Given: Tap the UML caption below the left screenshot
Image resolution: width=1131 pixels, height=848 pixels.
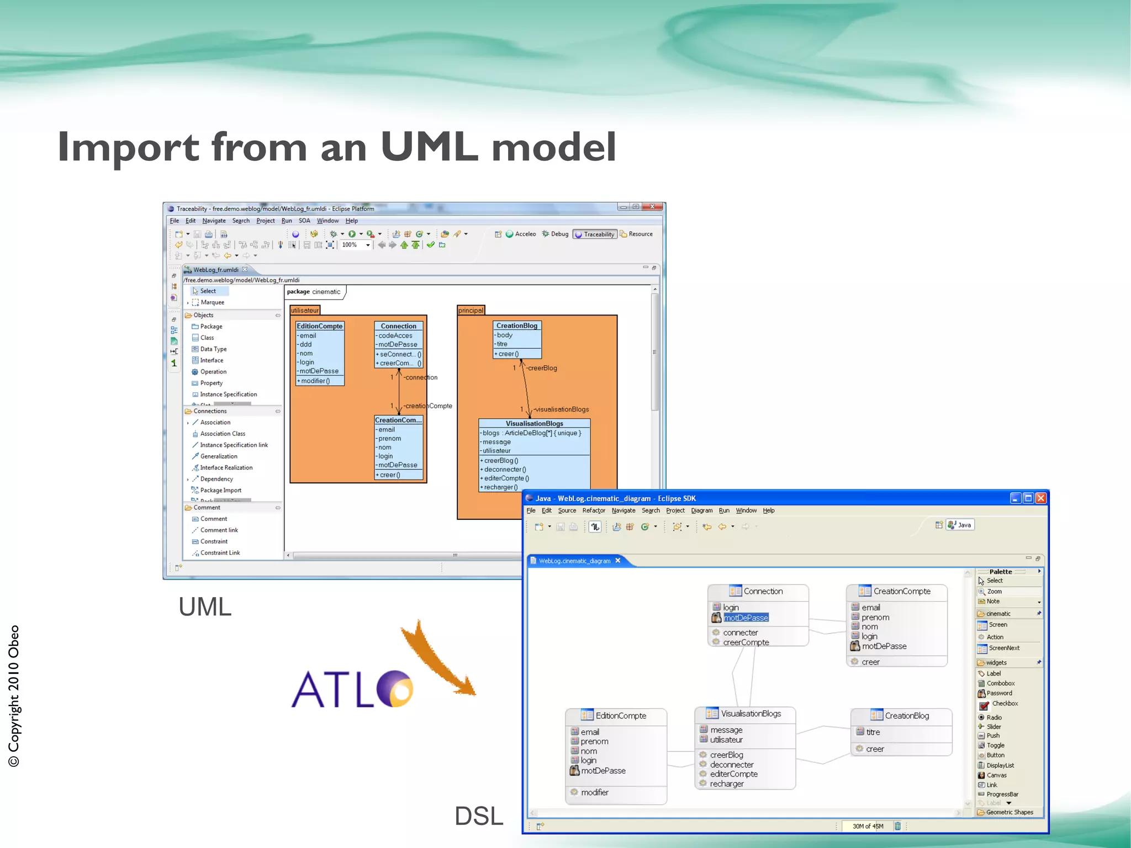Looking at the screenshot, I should tap(205, 607).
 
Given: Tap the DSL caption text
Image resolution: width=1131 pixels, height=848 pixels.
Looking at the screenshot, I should tap(478, 816).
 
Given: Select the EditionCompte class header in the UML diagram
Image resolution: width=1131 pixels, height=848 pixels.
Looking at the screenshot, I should tap(320, 326).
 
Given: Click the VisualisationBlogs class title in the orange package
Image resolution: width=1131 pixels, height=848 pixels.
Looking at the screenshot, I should tap(534, 424).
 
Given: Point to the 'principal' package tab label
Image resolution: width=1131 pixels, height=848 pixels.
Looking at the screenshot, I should tap(471, 310).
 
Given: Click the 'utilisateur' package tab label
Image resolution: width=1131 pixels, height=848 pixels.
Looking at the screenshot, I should tap(305, 310).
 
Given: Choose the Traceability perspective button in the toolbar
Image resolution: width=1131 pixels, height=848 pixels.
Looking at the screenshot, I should tap(595, 234).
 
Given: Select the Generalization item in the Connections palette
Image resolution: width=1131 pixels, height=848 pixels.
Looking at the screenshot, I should tap(219, 456).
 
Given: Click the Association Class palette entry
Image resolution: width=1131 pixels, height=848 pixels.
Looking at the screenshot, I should tap(223, 434).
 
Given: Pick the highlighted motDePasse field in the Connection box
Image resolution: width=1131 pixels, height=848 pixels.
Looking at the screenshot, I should tap(746, 618).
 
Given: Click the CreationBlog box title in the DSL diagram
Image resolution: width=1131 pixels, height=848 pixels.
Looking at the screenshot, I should tap(907, 715).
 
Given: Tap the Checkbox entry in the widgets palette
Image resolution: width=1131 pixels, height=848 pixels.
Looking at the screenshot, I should tap(1005, 704).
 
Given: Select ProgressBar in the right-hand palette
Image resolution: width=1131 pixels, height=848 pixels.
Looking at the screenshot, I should tap(1002, 794).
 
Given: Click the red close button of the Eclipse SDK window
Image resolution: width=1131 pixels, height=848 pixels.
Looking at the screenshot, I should tap(1041, 498).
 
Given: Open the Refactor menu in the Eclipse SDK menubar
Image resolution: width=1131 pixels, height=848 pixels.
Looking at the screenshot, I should tap(594, 510).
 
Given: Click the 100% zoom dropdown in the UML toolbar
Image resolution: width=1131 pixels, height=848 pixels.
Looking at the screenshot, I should tap(355, 245).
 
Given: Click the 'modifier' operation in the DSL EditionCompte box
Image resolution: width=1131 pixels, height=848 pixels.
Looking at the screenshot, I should tap(595, 792).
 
